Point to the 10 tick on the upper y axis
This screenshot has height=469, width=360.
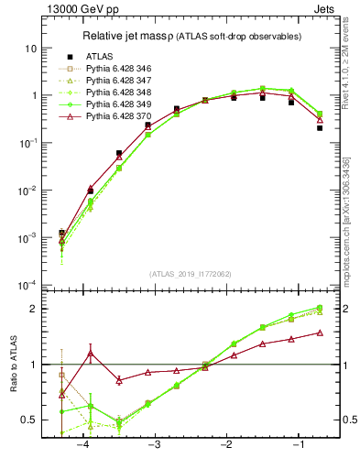tap(31, 48)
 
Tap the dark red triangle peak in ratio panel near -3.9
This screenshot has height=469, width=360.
tap(90, 353)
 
